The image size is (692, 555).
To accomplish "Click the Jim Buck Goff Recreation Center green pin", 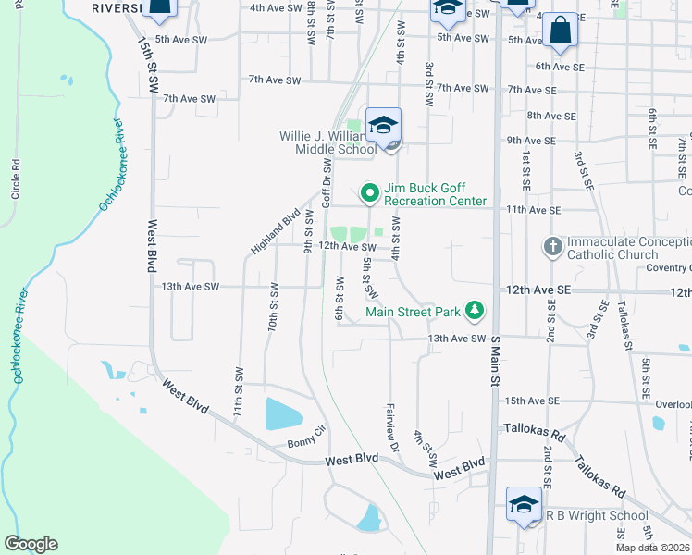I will click(x=370, y=193).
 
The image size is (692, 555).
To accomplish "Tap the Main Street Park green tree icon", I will click(x=476, y=309).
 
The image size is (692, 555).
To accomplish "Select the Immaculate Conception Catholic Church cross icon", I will click(x=552, y=246).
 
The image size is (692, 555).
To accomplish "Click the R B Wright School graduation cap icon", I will click(x=525, y=505).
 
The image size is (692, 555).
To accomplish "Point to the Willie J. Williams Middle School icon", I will click(x=383, y=125).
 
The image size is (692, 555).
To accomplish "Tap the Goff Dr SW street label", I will click(x=326, y=182).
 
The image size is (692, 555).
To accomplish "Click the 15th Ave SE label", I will click(x=531, y=401).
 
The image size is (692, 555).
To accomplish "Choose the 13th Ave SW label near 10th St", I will click(x=190, y=287).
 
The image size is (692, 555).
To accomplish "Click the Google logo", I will click(x=31, y=544).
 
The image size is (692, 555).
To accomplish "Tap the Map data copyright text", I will click(x=653, y=548).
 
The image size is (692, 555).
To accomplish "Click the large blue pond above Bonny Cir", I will click(x=288, y=413).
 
